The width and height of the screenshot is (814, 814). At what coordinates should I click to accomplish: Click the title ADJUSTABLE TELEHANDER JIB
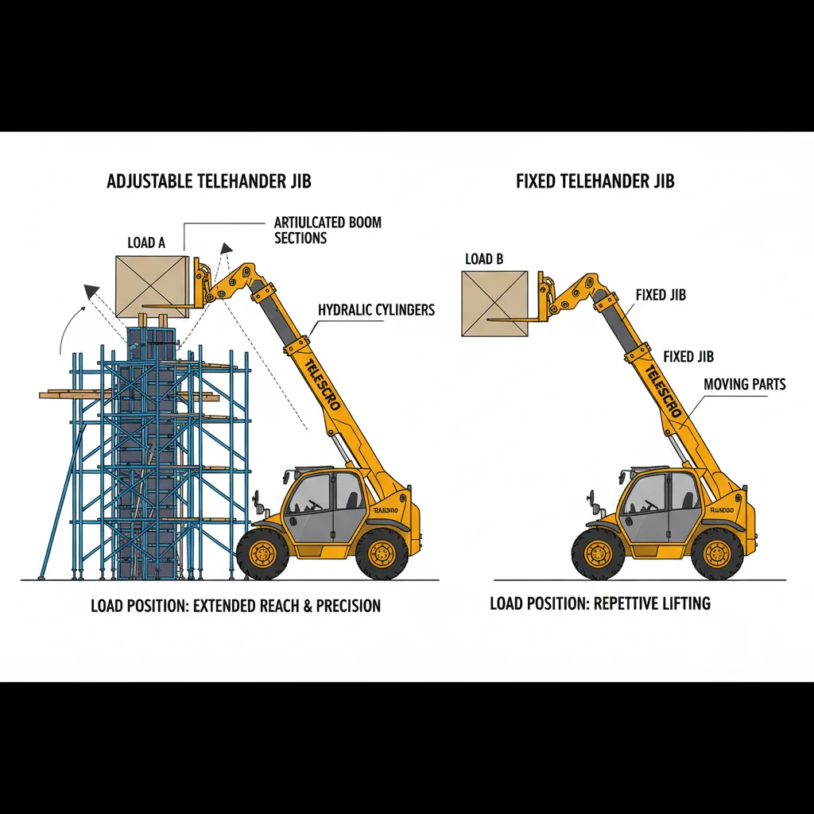tap(209, 181)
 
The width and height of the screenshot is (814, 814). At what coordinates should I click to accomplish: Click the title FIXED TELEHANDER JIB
tap(595, 181)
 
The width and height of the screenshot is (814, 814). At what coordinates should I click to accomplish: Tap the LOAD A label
tap(146, 243)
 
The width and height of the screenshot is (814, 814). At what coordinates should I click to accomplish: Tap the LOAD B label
tap(484, 259)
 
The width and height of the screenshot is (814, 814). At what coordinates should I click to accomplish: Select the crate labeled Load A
tap(152, 287)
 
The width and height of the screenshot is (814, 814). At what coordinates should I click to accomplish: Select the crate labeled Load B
tap(494, 303)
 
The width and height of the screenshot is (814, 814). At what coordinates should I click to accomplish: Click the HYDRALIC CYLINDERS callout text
tap(377, 310)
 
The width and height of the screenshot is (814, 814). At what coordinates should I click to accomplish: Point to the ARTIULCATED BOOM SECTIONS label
tap(328, 230)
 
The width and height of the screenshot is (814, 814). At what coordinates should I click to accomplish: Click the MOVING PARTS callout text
tap(745, 385)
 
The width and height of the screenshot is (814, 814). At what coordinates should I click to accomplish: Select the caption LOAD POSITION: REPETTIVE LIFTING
tap(600, 603)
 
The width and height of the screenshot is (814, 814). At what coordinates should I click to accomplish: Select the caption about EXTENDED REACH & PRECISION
tap(235, 606)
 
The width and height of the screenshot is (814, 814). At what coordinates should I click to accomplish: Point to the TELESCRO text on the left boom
tap(322, 385)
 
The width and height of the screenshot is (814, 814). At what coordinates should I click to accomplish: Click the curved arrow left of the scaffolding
tap(68, 326)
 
